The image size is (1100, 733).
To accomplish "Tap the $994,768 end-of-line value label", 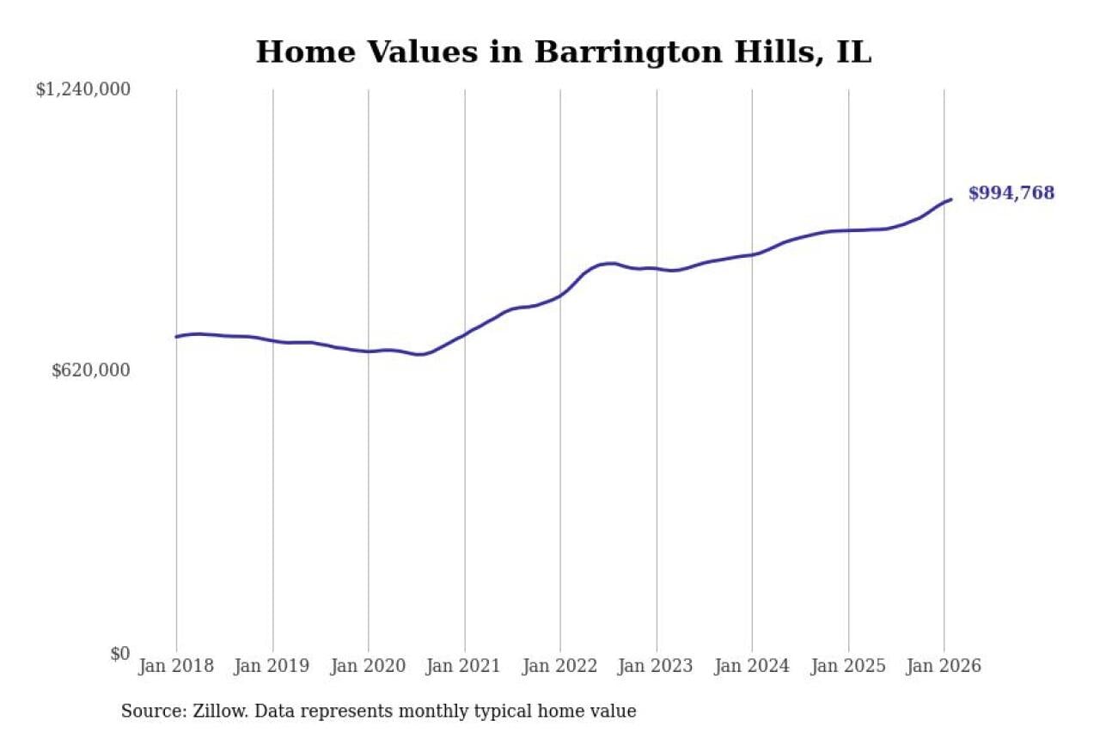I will click(x=1011, y=193).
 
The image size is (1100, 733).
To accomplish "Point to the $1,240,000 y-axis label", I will click(x=82, y=89).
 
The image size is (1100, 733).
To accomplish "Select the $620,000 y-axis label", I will click(x=91, y=370).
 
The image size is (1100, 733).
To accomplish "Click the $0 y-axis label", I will click(x=119, y=653).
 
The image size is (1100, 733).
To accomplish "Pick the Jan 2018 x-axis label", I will click(x=176, y=666).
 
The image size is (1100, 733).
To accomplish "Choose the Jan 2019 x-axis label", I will click(x=272, y=666).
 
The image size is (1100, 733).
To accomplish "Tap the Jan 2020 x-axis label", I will click(x=369, y=666).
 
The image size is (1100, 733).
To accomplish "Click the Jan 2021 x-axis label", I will click(x=465, y=666).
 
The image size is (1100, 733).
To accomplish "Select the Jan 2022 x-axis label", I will click(x=560, y=666).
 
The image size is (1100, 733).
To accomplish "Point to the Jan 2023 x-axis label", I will click(x=657, y=666).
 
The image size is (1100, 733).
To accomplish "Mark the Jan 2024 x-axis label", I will click(x=752, y=666).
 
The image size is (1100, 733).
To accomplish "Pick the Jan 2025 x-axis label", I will click(x=848, y=666).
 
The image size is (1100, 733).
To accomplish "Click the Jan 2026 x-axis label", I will click(x=944, y=666).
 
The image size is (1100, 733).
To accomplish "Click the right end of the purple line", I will click(x=950, y=199).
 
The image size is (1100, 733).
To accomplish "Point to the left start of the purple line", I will click(x=176, y=337).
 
